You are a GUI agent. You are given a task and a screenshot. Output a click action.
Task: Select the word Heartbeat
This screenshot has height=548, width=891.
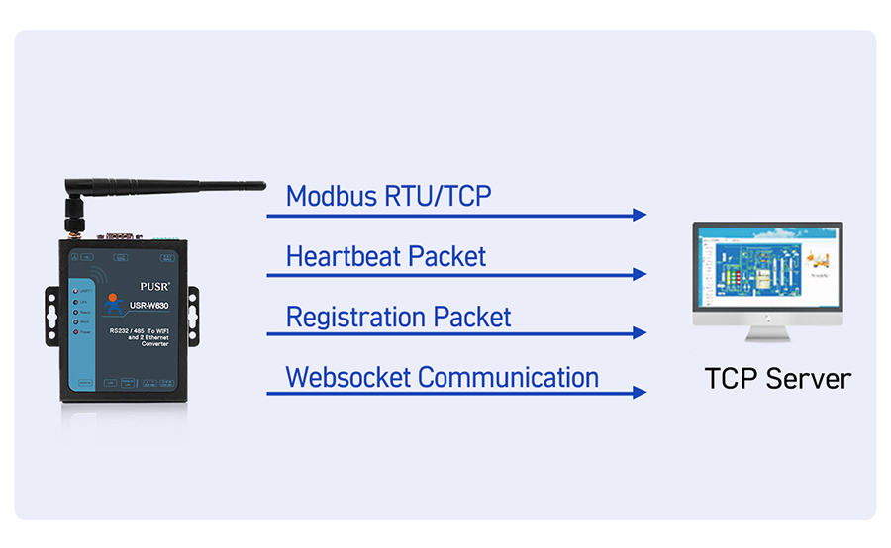(x=346, y=257)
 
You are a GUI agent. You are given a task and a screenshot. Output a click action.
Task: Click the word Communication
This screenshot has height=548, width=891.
(x=508, y=378)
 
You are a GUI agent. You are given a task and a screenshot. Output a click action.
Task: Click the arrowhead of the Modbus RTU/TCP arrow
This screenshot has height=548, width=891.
(x=640, y=215)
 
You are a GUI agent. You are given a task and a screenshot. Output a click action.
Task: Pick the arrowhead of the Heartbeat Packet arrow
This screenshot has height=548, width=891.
(x=640, y=274)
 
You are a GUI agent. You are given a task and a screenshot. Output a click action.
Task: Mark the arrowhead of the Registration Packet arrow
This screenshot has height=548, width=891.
(x=640, y=333)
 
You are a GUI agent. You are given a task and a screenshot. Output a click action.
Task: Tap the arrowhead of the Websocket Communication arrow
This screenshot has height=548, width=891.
(x=640, y=393)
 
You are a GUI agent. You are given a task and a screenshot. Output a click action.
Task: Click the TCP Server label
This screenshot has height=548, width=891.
(x=777, y=379)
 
